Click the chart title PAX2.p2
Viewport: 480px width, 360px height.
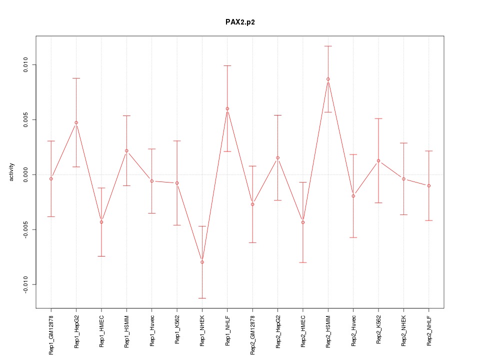240,22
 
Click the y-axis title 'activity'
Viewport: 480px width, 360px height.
12,172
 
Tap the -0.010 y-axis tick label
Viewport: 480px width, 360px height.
26,284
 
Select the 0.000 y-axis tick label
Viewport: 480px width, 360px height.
26,174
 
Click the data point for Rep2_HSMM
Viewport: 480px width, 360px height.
328,79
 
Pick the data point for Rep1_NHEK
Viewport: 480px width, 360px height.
202,262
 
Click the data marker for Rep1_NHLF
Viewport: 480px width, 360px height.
227,108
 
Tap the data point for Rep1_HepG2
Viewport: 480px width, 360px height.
76,122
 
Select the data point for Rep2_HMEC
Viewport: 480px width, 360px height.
303,222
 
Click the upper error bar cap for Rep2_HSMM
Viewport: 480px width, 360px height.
328,46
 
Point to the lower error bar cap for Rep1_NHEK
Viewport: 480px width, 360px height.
202,298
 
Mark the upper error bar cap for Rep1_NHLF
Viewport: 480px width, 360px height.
227,65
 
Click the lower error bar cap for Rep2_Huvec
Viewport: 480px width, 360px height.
353,237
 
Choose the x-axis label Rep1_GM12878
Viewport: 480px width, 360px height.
51,334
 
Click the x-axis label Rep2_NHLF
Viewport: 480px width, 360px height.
429,330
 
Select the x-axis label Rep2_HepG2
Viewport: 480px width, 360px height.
278,331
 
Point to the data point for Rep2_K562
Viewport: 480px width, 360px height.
378,160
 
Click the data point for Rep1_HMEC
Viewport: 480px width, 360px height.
101,222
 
